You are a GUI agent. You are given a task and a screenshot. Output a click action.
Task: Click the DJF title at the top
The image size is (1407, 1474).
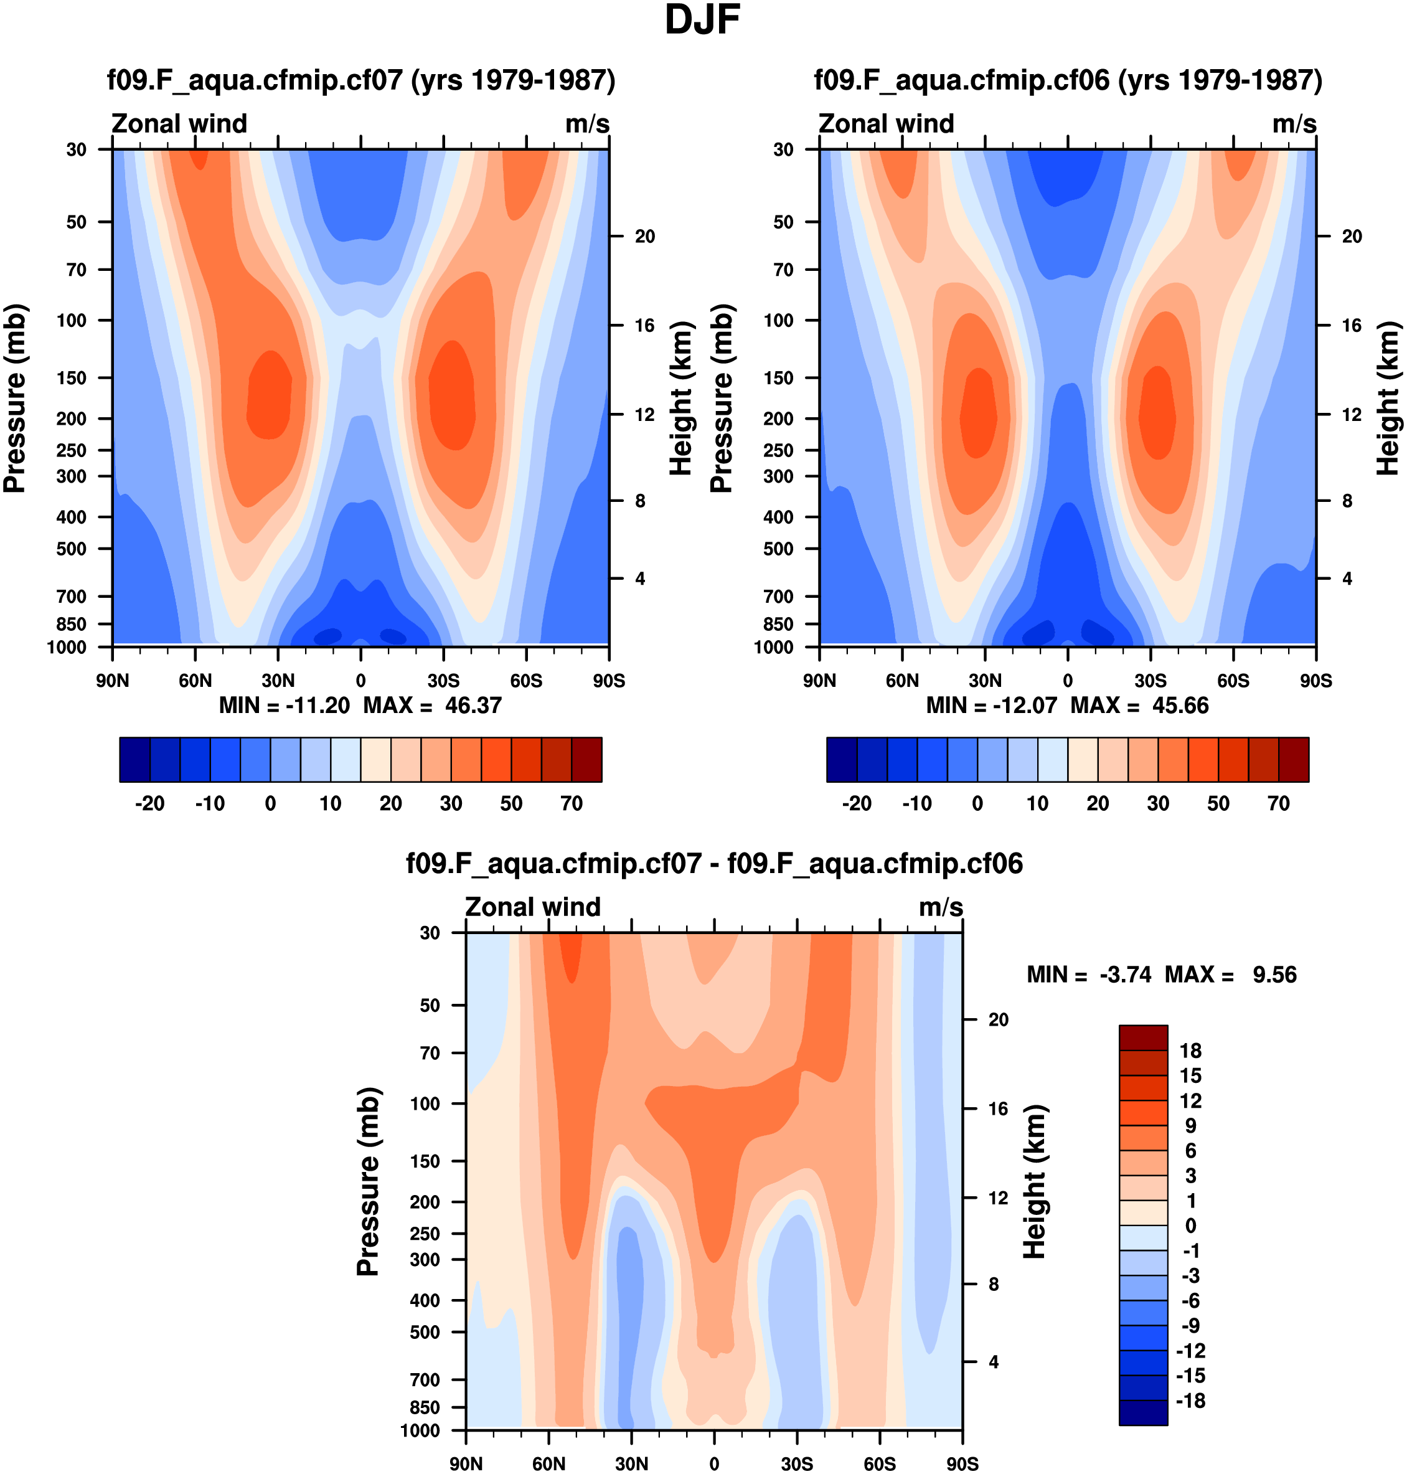click(x=702, y=21)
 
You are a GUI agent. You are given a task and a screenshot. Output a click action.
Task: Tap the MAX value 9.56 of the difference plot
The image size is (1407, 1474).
click(x=1274, y=975)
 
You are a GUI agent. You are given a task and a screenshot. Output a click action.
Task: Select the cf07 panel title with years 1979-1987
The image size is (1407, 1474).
click(x=360, y=80)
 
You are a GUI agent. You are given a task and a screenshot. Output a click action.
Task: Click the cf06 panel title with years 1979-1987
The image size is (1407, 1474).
click(x=1068, y=80)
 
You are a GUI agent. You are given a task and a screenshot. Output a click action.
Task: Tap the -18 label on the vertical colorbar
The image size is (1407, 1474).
click(x=1190, y=1401)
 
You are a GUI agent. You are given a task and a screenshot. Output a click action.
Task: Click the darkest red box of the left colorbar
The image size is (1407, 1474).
click(x=586, y=759)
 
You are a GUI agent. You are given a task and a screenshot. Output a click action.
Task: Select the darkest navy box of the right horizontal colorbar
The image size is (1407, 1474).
click(x=842, y=759)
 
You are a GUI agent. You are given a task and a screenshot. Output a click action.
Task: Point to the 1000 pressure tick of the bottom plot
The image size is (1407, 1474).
click(x=420, y=1430)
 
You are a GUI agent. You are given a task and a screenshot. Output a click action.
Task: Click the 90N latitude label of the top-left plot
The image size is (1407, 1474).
click(x=113, y=681)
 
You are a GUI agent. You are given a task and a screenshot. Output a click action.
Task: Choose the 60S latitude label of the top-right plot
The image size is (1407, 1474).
click(x=1233, y=681)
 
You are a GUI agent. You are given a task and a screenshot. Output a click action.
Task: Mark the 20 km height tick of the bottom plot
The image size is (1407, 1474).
click(x=997, y=1019)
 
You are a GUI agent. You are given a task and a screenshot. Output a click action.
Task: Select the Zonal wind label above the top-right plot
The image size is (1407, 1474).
click(x=886, y=124)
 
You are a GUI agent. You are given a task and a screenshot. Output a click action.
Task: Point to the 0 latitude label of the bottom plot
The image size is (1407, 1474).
click(x=714, y=1464)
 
